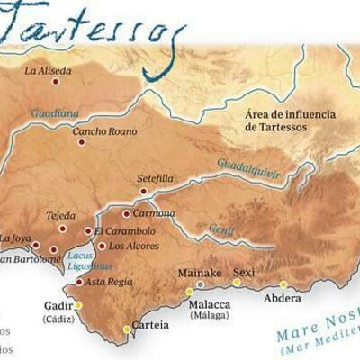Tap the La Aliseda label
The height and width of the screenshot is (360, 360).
point(47,70)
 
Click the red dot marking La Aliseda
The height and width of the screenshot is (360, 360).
point(56,82)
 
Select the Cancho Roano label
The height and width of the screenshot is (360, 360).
point(105,131)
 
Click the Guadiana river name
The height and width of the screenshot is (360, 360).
point(55,113)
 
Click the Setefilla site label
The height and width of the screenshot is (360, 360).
point(154,179)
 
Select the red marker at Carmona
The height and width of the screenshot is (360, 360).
point(126,213)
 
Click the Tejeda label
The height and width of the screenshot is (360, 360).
point(61,216)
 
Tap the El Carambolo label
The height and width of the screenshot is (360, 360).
point(125,231)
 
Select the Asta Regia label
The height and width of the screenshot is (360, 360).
point(110,282)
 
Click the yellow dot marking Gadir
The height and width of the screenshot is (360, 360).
point(78,305)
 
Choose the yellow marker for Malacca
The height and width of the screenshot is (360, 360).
point(190,292)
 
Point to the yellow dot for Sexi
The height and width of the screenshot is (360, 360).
point(237,283)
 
